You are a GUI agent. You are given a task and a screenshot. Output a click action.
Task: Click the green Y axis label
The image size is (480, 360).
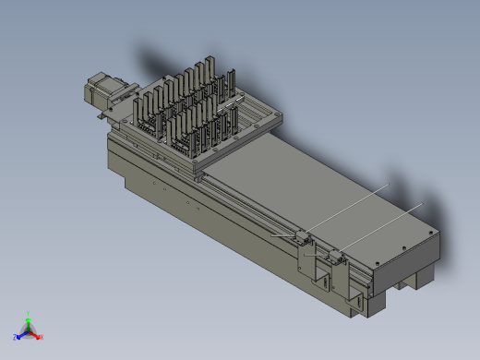[30, 313]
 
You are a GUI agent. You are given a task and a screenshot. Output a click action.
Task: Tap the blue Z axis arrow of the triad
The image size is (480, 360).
[19, 335]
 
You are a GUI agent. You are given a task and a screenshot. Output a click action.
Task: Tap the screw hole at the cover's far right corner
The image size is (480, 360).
[430, 232]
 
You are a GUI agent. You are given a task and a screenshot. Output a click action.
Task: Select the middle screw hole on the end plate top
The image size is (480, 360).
[403, 247]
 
